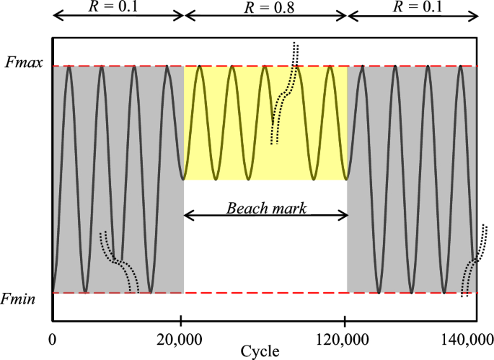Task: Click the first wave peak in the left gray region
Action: coord(69,66)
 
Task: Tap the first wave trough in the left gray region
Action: coord(85,291)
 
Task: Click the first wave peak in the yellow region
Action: coord(200,66)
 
